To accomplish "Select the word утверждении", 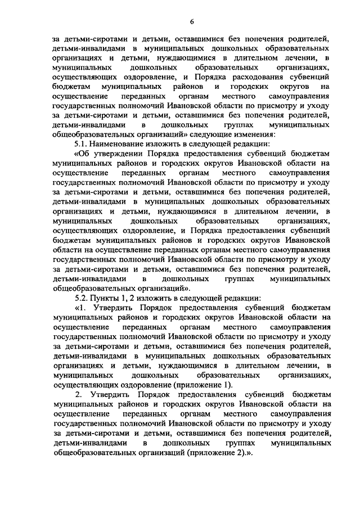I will [116, 154].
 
